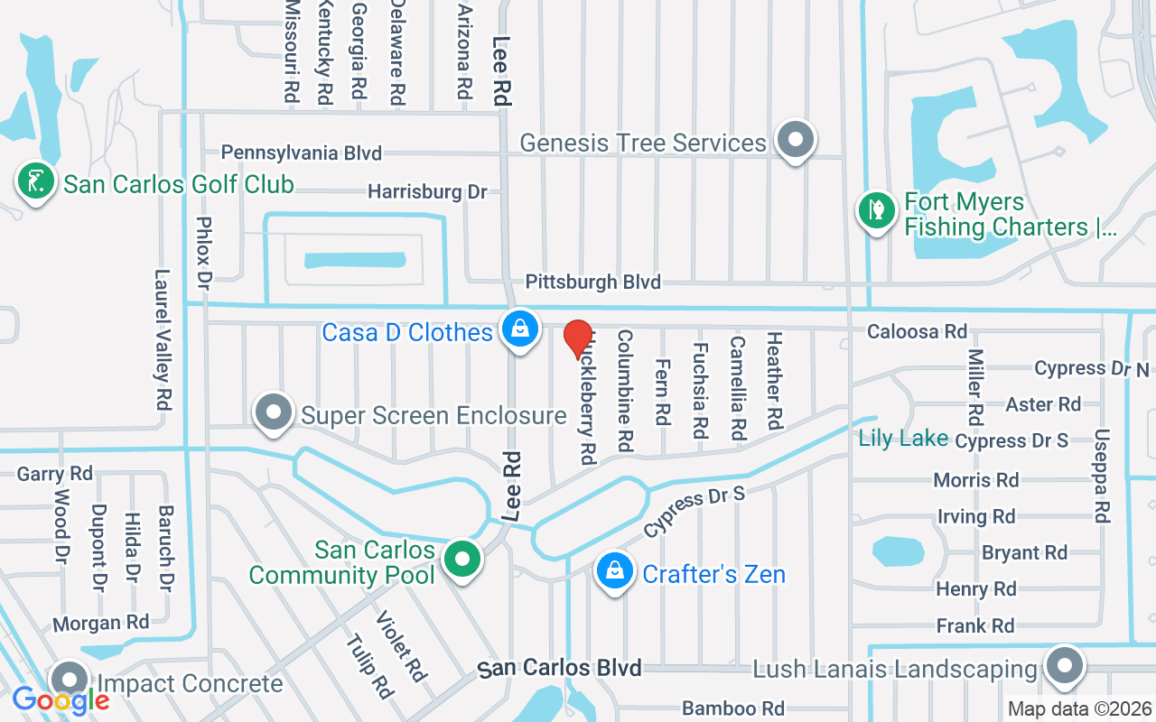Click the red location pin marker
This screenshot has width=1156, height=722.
578,338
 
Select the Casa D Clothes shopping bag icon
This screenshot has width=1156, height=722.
520,329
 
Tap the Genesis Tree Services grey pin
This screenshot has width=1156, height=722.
796,140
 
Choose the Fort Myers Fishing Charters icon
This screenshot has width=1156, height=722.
875,211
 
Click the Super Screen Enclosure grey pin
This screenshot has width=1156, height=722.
273,412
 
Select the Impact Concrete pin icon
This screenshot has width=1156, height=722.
69,680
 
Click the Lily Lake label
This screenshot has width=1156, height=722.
903,439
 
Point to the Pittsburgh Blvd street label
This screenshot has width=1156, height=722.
593,282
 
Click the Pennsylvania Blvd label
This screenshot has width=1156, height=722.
302,153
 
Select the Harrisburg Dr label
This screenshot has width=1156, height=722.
427,191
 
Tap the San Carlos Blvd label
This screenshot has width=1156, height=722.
560,669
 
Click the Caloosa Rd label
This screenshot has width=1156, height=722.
917,332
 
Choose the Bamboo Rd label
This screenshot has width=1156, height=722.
733,708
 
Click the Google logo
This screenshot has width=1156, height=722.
61,700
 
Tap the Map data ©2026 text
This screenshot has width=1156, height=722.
1079,709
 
